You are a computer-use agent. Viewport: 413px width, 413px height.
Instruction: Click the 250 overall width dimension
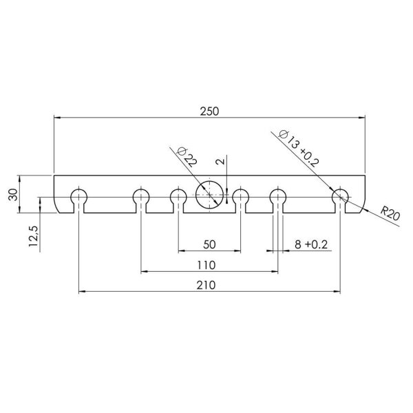210,111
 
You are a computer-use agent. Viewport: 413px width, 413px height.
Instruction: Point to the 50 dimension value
209,244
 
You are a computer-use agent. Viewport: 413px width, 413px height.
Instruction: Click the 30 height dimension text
12,194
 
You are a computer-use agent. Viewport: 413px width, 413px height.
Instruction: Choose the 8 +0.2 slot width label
308,244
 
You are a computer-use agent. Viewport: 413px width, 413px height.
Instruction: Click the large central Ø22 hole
210,196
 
